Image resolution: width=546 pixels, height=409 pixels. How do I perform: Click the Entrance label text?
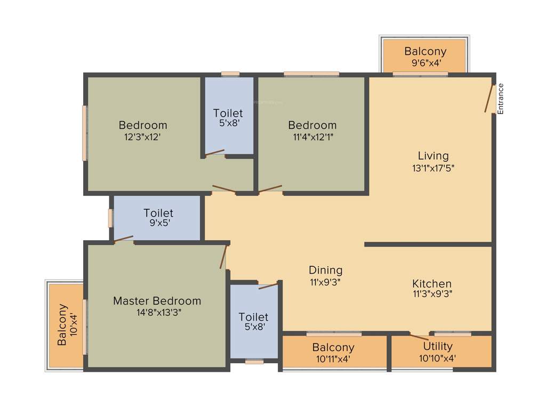[501, 99]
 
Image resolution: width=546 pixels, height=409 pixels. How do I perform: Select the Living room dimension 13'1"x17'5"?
[433, 167]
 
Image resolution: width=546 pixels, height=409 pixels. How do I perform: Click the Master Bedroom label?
[157, 301]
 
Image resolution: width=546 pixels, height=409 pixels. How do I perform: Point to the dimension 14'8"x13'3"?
[159, 313]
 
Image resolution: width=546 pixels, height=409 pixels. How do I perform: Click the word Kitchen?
[432, 283]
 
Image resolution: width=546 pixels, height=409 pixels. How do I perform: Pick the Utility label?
[438, 347]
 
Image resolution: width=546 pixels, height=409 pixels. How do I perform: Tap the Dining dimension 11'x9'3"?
[326, 282]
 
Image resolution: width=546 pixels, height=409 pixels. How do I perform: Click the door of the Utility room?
[419, 336]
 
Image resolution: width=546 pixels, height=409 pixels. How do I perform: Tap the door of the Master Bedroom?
[224, 257]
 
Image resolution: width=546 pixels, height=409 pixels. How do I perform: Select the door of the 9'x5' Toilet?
[124, 239]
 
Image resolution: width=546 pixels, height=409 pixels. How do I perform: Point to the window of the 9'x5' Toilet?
[110, 218]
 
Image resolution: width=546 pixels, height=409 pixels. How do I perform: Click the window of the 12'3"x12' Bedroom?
[84, 133]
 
